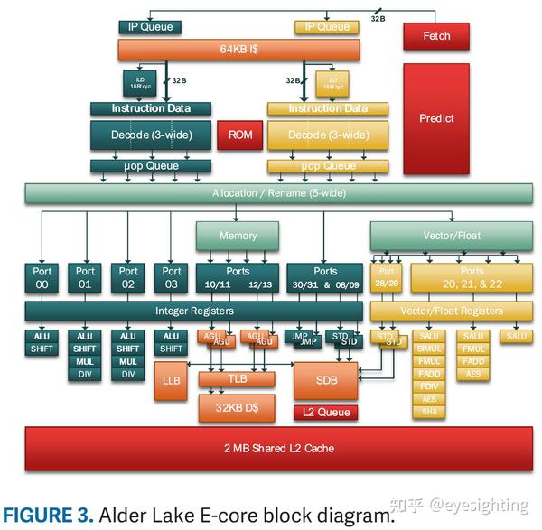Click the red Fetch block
(435, 36)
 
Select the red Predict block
(435, 118)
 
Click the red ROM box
(239, 135)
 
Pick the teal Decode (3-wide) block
(150, 135)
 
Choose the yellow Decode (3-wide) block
(328, 135)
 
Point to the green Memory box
(238, 236)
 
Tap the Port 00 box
(42, 277)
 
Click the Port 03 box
(171, 277)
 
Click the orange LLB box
(171, 381)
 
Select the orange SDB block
(326, 380)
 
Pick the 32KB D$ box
(236, 407)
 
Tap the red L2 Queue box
(325, 412)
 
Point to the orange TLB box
(236, 379)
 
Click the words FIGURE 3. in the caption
(50, 516)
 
